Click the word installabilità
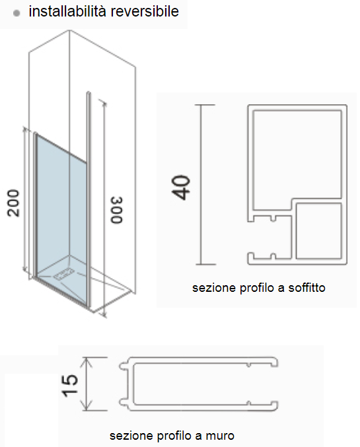pyautogui.click(x=67, y=11)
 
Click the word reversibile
pyautogui.click(x=145, y=11)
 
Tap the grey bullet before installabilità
pyautogui.click(x=17, y=13)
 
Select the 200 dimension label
pyautogui.click(x=13, y=203)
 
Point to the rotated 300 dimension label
pyautogui.click(x=117, y=210)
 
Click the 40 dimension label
pyautogui.click(x=181, y=188)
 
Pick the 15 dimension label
pyautogui.click(x=70, y=386)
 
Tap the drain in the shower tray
pyautogui.click(x=65, y=273)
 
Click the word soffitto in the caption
pyautogui.click(x=306, y=288)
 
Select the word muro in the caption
pyautogui.click(x=220, y=436)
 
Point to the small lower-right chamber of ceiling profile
pyautogui.click(x=318, y=231)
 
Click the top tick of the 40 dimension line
pyautogui.click(x=205, y=105)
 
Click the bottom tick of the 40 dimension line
pyautogui.click(x=205, y=264)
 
